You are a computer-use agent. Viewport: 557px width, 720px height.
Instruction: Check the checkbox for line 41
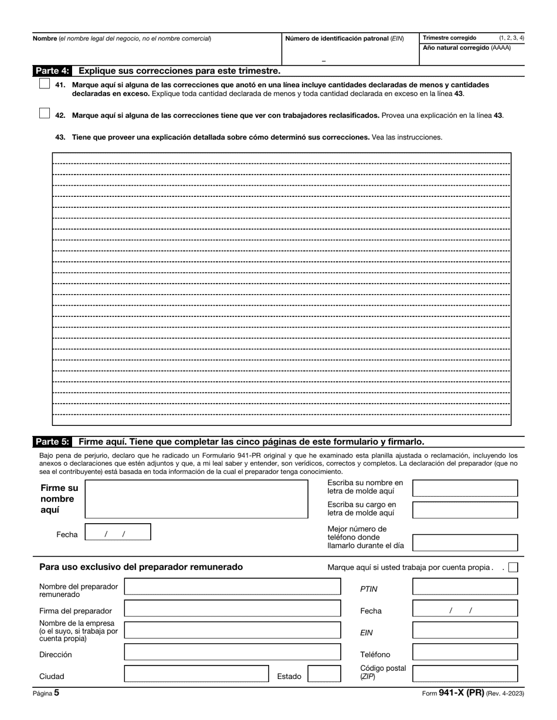click(45, 84)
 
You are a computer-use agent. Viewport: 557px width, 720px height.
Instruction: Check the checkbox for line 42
click(45, 114)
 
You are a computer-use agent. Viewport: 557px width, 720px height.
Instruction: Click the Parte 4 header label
click(52, 71)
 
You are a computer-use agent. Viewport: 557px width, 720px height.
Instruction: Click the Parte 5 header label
click(52, 442)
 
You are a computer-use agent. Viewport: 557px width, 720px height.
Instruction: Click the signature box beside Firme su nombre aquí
click(196, 499)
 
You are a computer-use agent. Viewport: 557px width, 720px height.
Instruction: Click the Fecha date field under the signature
click(118, 532)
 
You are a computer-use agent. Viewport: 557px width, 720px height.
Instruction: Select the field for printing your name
click(465, 488)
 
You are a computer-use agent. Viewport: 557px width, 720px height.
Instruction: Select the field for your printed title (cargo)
click(465, 510)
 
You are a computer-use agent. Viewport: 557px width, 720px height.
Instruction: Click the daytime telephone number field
click(465, 542)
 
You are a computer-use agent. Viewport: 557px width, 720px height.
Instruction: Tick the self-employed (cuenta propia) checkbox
click(514, 567)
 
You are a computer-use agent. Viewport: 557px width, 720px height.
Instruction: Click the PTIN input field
click(465, 587)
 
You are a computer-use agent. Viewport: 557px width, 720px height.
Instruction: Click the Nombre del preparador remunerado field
click(232, 587)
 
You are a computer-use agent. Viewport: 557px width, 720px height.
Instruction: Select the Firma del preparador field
click(232, 609)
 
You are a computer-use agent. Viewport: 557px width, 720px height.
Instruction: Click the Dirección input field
click(232, 652)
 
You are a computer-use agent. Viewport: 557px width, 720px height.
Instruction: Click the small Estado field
click(324, 674)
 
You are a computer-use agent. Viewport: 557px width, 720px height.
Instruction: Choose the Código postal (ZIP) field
click(465, 674)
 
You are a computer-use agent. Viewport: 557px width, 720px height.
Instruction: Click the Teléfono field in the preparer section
click(465, 652)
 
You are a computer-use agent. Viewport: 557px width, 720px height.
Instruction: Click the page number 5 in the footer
click(56, 692)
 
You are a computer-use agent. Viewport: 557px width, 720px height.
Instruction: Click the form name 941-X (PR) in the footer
click(461, 692)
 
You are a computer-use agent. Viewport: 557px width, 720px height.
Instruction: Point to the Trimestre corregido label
click(450, 37)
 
